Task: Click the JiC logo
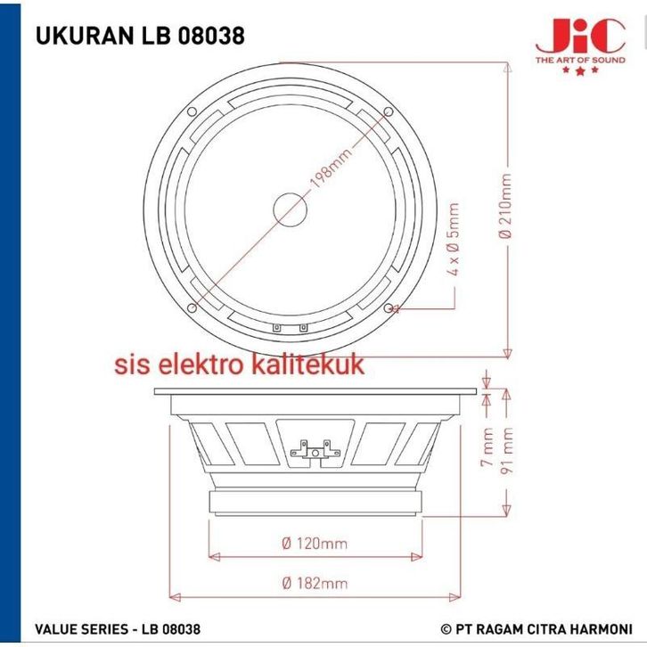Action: coord(580,46)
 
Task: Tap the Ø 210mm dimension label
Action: coord(505,206)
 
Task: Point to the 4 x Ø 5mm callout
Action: coord(453,239)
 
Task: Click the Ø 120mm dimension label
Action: coord(315,543)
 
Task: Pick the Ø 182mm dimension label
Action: coord(315,583)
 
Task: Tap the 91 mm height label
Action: coord(507,450)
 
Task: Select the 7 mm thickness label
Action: coord(487,446)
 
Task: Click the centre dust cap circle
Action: coord(290,209)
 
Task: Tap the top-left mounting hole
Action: coord(192,111)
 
